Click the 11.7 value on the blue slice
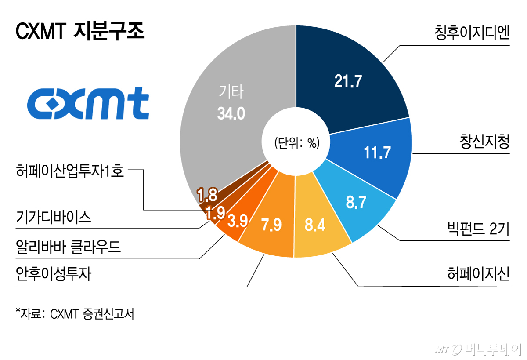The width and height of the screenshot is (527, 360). click(x=377, y=152)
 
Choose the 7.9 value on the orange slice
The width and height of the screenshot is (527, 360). click(x=272, y=225)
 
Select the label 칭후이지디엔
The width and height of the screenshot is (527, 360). click(x=470, y=32)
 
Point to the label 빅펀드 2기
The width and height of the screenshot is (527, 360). click(x=476, y=229)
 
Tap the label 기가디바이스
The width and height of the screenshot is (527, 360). click(x=53, y=217)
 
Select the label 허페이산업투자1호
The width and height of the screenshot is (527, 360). click(x=70, y=169)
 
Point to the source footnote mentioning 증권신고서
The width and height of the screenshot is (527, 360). click(x=75, y=314)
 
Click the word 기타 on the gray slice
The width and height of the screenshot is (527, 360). click(x=231, y=93)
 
